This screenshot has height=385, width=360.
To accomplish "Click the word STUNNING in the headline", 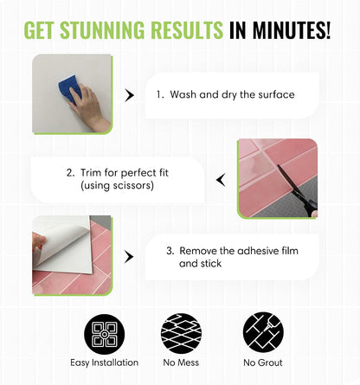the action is (x=102, y=29).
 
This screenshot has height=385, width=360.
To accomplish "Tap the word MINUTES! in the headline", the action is (x=292, y=29).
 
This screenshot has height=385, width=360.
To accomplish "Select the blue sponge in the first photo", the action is (x=70, y=89).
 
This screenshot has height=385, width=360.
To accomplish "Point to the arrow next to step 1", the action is (x=129, y=95).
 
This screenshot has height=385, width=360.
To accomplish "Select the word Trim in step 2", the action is (x=91, y=172).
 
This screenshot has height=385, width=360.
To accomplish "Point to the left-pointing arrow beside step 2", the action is (x=221, y=180).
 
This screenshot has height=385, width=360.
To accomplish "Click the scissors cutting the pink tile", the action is (x=298, y=191).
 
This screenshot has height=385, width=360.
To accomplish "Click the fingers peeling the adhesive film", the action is (x=39, y=242).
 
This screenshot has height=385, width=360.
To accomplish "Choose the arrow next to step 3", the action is (x=129, y=257).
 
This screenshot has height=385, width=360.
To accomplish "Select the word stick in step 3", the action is (x=210, y=263).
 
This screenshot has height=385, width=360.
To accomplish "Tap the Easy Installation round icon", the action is (x=105, y=334).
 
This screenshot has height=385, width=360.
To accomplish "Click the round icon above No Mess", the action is (x=181, y=333).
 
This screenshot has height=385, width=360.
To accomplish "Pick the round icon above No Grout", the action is (x=263, y=332).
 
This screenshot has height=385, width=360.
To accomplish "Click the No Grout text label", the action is (x=263, y=363).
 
